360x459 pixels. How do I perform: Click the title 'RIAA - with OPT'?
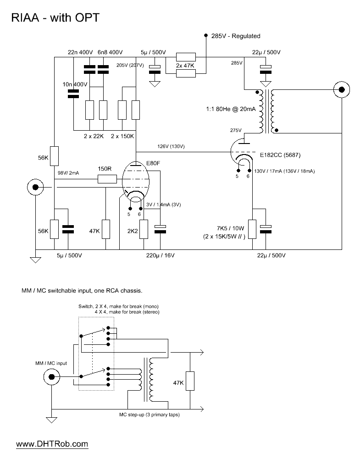click(55, 17)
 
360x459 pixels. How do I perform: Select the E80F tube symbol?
click(135, 182)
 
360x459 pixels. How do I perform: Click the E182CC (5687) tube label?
click(280, 155)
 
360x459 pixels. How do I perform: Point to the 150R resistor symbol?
click(107, 179)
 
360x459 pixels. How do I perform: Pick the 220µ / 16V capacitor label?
click(161, 255)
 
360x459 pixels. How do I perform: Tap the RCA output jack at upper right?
click(342, 89)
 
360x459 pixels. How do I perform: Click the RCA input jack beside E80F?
click(35, 187)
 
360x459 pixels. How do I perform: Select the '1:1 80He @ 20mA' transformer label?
click(231, 109)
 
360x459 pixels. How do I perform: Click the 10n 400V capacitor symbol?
click(73, 94)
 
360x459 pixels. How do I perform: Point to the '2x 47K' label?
click(185, 66)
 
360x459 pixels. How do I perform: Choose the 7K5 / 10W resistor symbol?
click(252, 229)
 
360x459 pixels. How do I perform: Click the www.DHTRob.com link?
click(52, 444)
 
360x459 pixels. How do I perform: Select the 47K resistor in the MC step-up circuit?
click(190, 381)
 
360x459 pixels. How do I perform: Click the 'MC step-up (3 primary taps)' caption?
click(149, 415)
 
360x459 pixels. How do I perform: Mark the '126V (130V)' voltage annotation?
click(171, 146)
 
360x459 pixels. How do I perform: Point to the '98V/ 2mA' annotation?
click(68, 173)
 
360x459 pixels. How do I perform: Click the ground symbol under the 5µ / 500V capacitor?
click(155, 84)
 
